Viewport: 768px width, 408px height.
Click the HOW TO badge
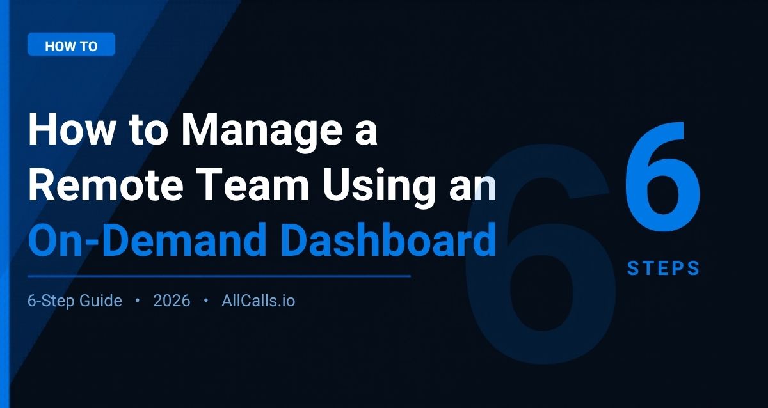tap(71, 46)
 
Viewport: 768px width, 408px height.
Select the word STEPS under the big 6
tap(663, 269)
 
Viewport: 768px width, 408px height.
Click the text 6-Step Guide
tap(75, 301)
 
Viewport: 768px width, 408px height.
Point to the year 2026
tap(172, 301)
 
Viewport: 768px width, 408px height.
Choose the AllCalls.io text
tap(259, 301)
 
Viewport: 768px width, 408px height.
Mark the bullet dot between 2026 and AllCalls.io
tap(205, 300)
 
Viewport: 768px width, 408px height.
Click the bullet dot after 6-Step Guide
tap(138, 300)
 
